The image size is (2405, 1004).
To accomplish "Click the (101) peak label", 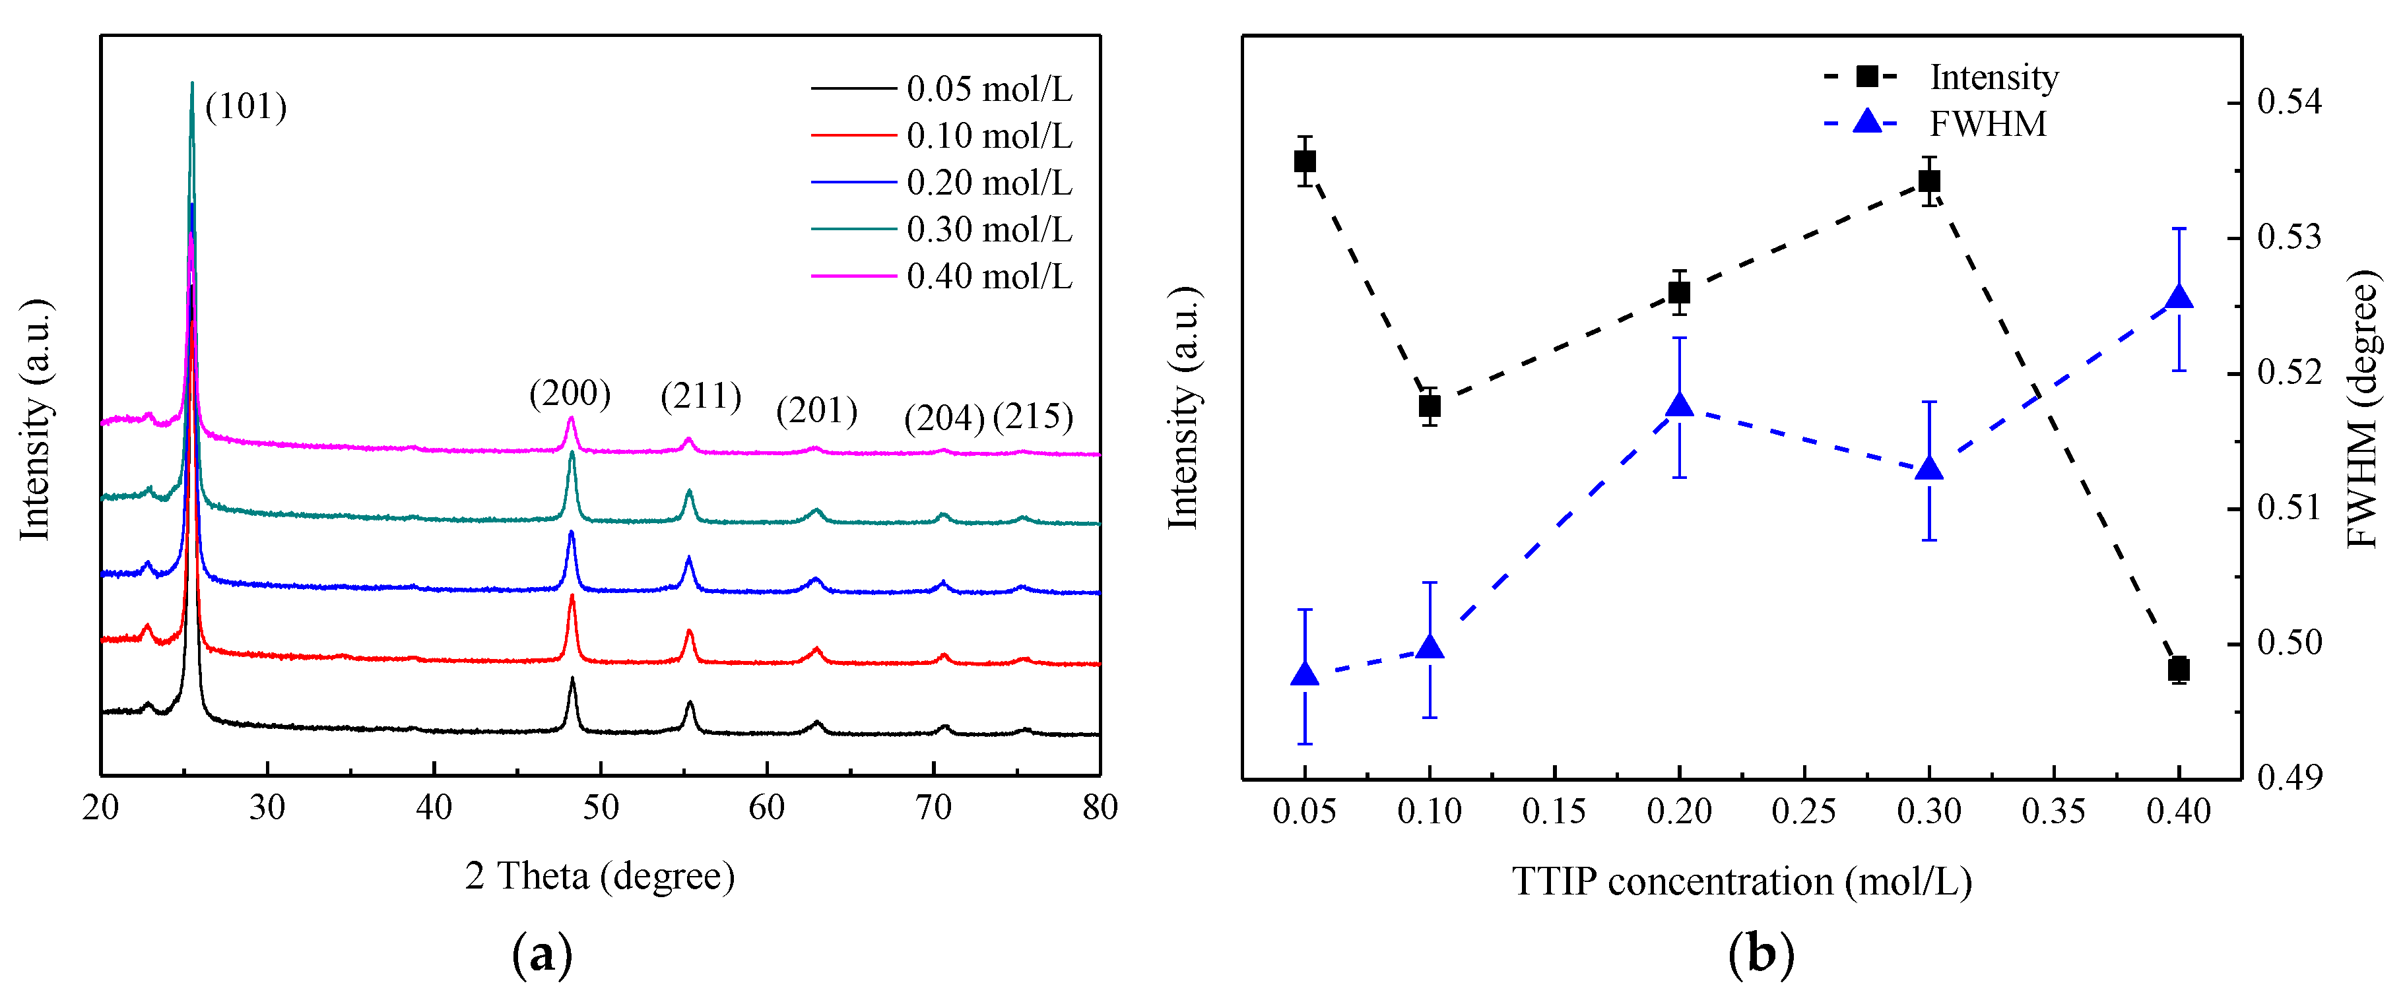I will pos(246,108).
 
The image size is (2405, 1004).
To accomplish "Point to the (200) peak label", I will pos(570,394).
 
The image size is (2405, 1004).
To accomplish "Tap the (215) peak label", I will pos(1033,416).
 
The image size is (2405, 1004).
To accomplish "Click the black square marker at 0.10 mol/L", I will pos(1430,406).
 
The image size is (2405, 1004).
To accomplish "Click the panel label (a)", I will pos(543,955).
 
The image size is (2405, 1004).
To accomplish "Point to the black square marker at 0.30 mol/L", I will pos(1929,181).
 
